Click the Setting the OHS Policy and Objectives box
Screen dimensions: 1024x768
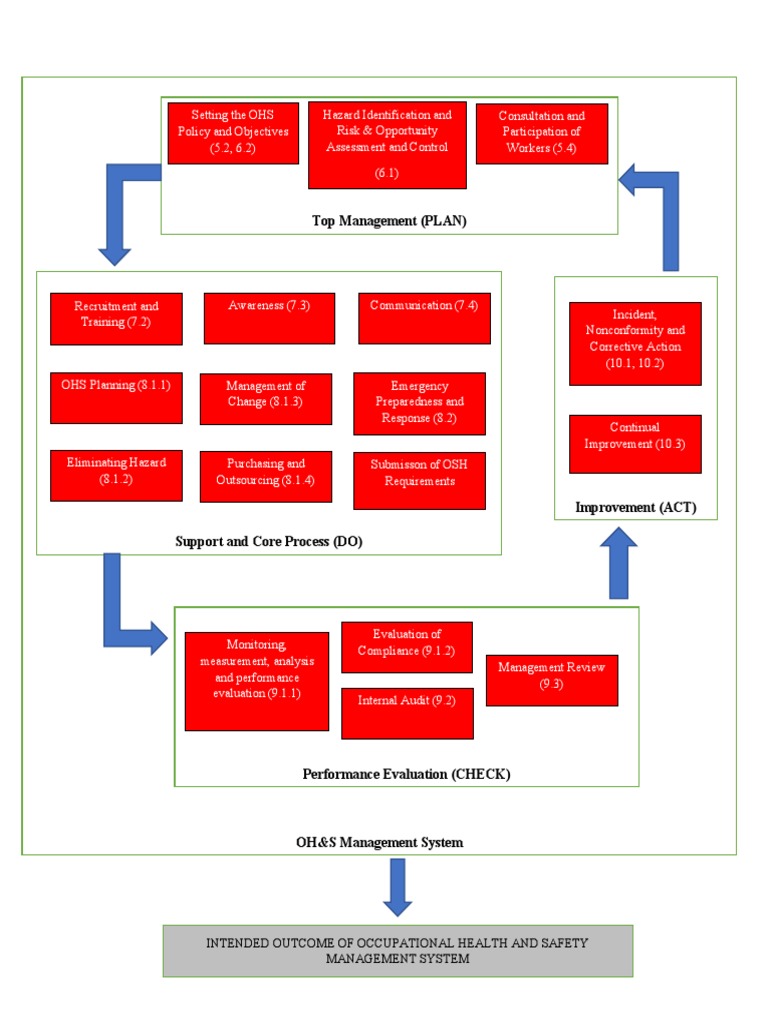pos(233,133)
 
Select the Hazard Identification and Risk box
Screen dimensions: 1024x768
pos(387,145)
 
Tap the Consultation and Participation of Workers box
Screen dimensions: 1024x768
pos(541,133)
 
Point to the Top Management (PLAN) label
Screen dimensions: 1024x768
pos(389,221)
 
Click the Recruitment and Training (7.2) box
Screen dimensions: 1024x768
pos(116,318)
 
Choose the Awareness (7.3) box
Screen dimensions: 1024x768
pos(269,318)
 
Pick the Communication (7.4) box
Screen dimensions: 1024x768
pos(424,318)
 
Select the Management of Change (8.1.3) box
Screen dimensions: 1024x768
pos(265,398)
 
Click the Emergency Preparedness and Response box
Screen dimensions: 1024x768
pos(419,403)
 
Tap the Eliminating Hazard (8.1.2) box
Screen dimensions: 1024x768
pos(116,475)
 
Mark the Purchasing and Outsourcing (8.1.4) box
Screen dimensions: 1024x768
pos(265,475)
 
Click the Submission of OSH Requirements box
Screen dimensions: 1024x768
pos(419,480)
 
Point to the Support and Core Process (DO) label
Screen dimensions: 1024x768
pos(269,542)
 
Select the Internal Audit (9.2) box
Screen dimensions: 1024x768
pos(407,713)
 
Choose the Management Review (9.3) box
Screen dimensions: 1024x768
pos(552,680)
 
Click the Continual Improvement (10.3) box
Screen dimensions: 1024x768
pos(635,444)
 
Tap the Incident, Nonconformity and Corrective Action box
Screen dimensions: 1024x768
pos(635,343)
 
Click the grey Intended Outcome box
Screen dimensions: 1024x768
pos(398,950)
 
